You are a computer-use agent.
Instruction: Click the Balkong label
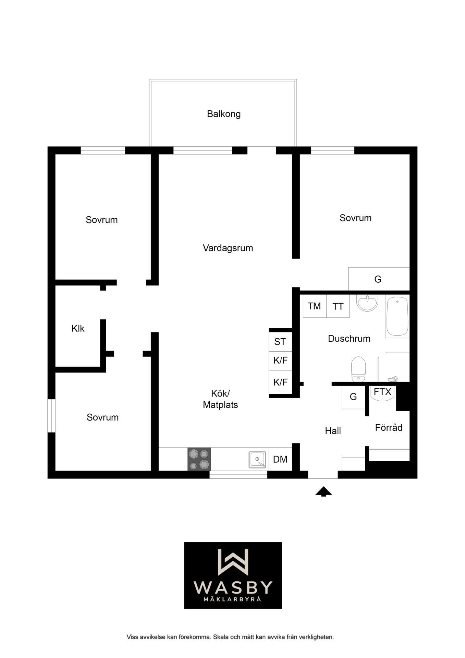[224, 114]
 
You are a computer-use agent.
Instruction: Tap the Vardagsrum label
[228, 248]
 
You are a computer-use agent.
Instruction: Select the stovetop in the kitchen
[199, 459]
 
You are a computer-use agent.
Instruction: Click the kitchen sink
[257, 460]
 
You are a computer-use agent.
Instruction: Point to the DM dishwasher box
[280, 459]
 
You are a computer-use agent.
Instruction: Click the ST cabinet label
[280, 342]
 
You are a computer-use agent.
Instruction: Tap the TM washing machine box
[315, 306]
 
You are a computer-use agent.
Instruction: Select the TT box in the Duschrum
[338, 306]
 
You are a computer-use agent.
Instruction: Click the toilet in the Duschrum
[358, 369]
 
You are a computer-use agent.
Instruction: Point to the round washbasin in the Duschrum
[367, 303]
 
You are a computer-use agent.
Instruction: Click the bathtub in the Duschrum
[397, 316]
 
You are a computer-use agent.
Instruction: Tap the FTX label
[382, 391]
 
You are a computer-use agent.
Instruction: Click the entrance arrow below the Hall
[323, 491]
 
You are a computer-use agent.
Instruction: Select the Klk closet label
[78, 328]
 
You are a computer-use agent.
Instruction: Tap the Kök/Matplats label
[220, 399]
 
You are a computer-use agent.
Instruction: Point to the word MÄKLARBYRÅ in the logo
[233, 599]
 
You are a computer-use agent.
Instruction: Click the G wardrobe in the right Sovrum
[379, 279]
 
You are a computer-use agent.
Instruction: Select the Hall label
[333, 431]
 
